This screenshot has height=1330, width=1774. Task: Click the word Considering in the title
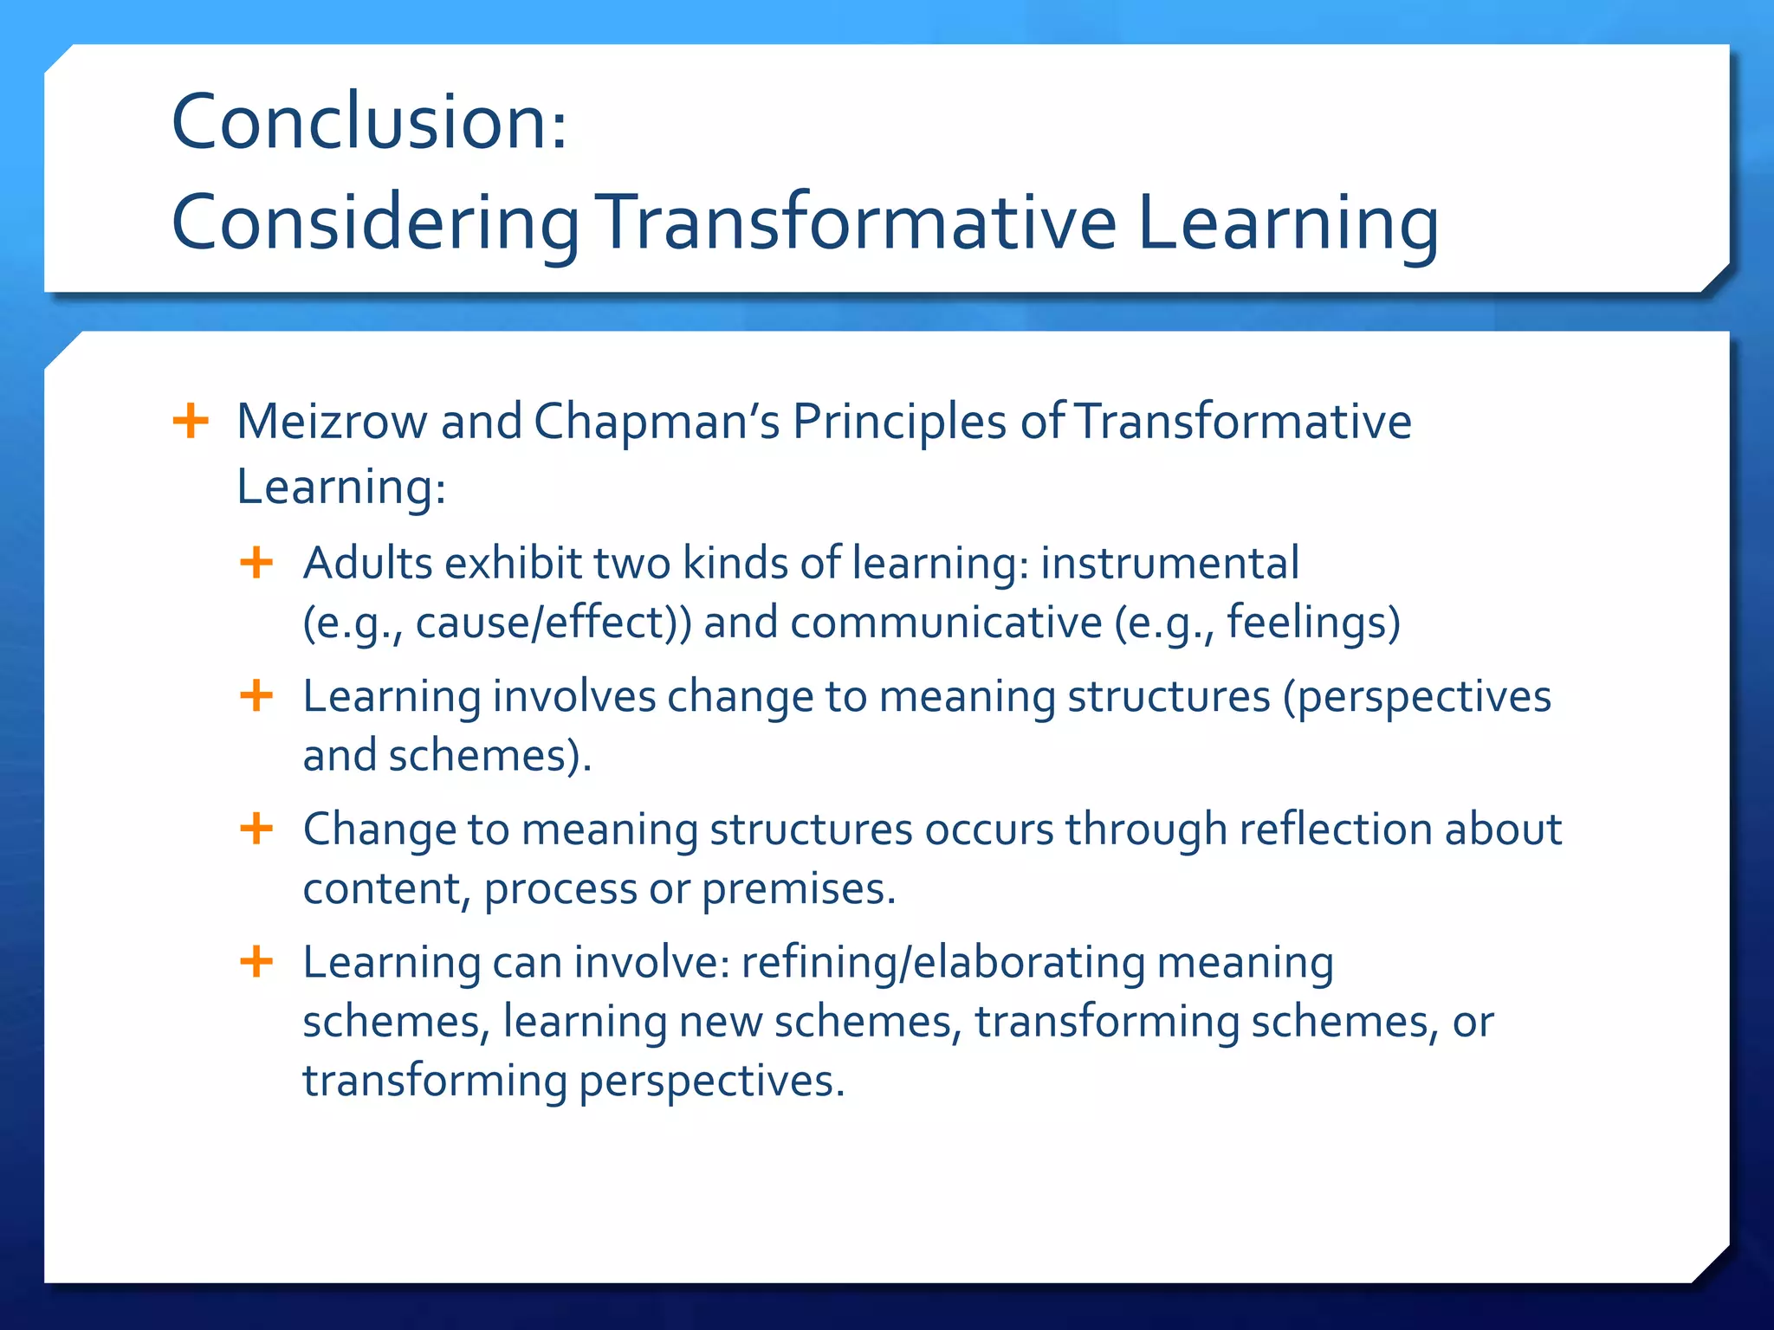(375, 223)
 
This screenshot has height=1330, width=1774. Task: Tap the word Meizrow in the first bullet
(332, 422)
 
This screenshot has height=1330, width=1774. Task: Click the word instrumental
(1169, 563)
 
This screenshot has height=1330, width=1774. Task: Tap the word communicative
(946, 623)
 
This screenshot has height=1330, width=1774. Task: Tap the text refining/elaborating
(942, 962)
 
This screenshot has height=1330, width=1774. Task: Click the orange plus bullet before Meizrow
(191, 422)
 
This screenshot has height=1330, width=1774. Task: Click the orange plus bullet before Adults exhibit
(256, 563)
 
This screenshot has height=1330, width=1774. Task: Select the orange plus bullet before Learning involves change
(256, 695)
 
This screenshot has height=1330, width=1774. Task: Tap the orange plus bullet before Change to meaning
(256, 829)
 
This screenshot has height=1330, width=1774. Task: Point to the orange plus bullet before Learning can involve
(256, 961)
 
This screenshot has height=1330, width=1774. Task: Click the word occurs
(988, 830)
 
